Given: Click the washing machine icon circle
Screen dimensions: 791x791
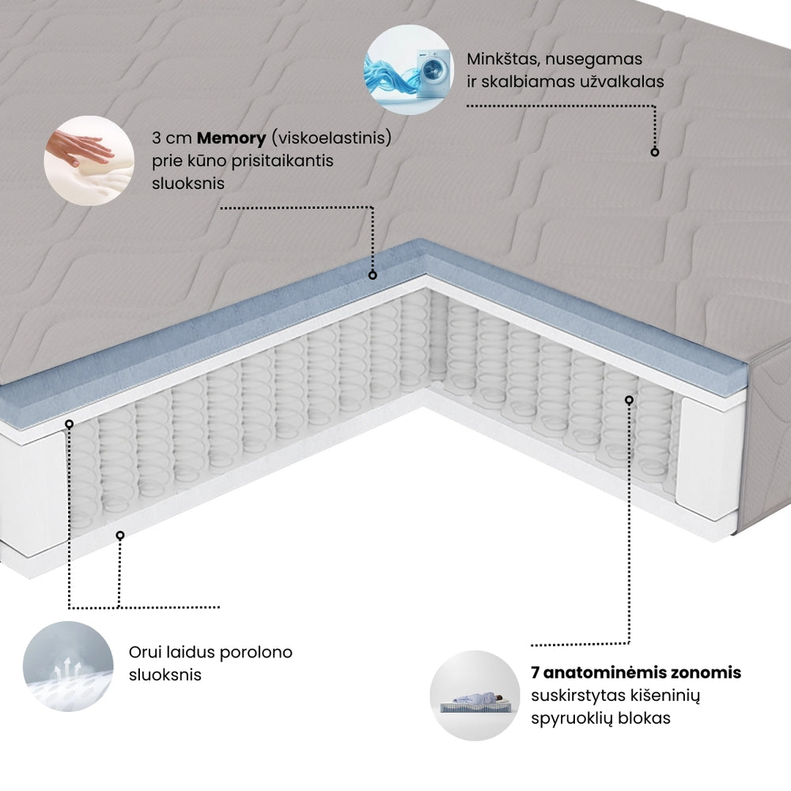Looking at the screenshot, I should tap(408, 65).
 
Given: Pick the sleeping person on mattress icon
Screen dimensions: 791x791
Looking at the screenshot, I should tap(470, 695).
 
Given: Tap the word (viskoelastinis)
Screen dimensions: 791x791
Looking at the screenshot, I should tap(331, 138).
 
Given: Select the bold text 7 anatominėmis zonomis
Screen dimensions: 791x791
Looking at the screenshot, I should tap(636, 672).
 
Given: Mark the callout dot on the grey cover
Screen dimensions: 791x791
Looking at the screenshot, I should tap(654, 151).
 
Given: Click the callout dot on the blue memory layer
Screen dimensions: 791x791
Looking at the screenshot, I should tap(373, 275).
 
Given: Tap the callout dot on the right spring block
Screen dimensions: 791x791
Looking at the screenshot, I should tap(630, 400).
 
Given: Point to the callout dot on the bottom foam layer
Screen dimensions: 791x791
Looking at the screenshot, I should tap(120, 536).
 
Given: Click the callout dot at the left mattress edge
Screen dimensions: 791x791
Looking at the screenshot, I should tap(70, 424).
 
